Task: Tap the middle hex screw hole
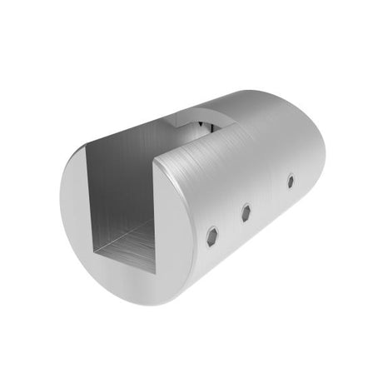pos(246,213)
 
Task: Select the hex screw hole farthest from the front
pos(290,182)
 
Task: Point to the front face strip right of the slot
pos(177,225)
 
